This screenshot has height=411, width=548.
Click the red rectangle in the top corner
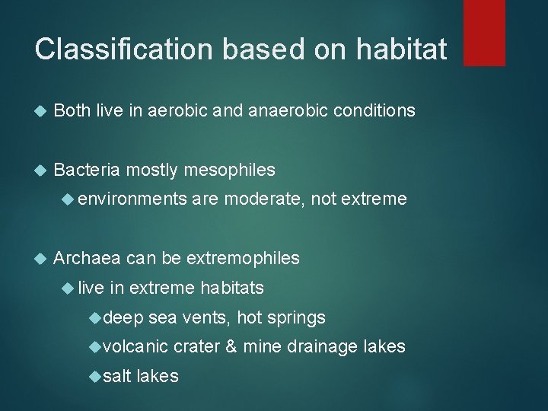pos(484,33)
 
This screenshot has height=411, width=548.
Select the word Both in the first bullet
pos(73,111)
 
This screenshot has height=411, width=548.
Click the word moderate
pos(263,199)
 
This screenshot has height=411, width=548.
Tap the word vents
pos(221,317)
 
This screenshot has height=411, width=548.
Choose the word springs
pos(298,317)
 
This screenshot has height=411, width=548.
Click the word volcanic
pos(134,347)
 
